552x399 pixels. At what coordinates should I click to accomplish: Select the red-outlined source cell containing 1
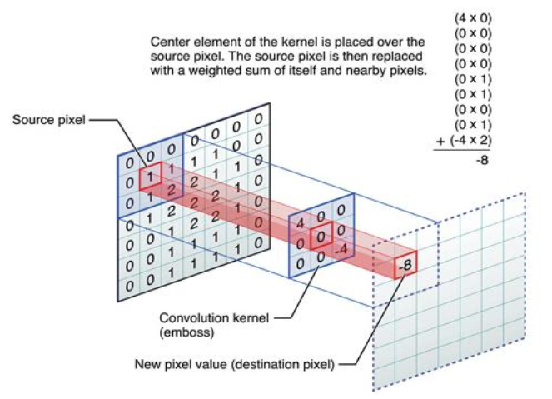(149, 177)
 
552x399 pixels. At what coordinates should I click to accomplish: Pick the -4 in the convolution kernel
(340, 248)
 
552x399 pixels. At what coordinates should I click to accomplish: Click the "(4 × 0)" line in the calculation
(471, 17)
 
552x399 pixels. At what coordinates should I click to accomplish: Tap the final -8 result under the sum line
(481, 159)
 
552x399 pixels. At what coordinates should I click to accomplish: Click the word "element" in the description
(211, 41)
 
